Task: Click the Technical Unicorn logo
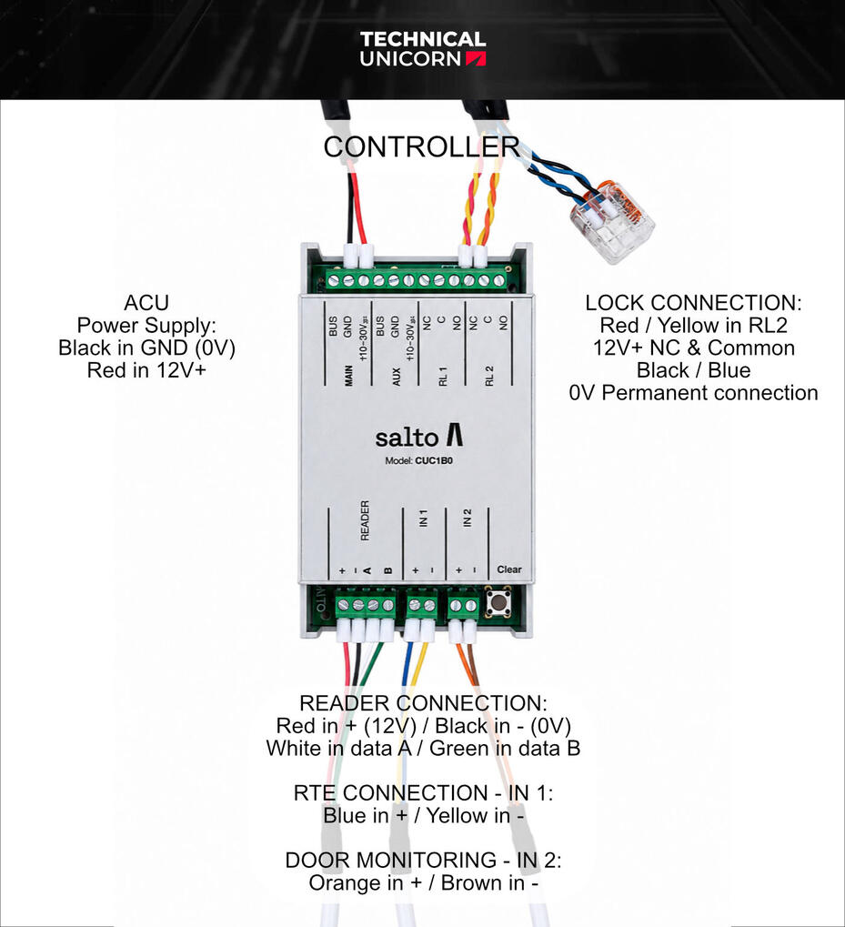(422, 49)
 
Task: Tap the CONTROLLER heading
(421, 146)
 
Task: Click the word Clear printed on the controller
(508, 569)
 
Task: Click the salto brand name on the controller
(419, 437)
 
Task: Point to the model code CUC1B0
(434, 460)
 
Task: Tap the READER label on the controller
(365, 520)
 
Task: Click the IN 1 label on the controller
(423, 518)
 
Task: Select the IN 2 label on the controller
(468, 518)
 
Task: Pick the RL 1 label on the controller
(443, 376)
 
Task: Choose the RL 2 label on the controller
(488, 376)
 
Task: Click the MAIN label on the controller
(348, 376)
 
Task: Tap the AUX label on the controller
(397, 377)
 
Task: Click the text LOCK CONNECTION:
(693, 303)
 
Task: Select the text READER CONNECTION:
(423, 703)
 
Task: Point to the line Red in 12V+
(146, 370)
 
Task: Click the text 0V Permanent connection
(693, 393)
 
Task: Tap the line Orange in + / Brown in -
(423, 882)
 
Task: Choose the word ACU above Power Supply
(146, 303)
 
